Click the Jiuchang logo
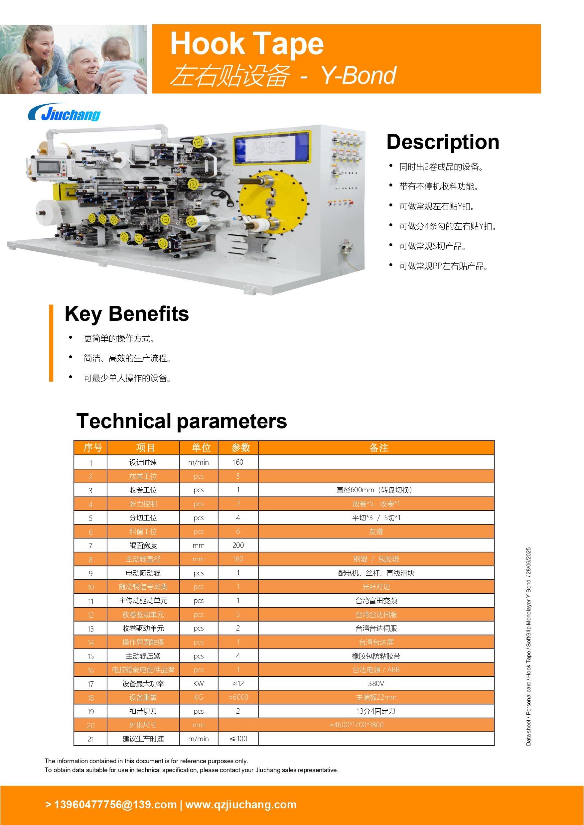coord(65,113)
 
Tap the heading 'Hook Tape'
coord(247,44)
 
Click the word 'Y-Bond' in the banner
coord(358,75)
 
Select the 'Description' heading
coord(443,142)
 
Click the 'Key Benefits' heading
coord(127,314)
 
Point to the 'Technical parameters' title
coord(182,421)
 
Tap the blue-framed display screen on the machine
coord(271,147)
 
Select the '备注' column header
coord(379,448)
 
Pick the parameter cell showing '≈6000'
coord(238,697)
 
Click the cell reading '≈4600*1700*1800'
coord(356,725)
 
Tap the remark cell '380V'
coord(376,683)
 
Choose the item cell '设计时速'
coord(143,462)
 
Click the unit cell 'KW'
coord(199,683)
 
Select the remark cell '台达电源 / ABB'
coord(376,670)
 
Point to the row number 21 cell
coord(90,739)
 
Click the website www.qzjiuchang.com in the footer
coord(241,804)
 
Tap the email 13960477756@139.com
coord(115,804)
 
